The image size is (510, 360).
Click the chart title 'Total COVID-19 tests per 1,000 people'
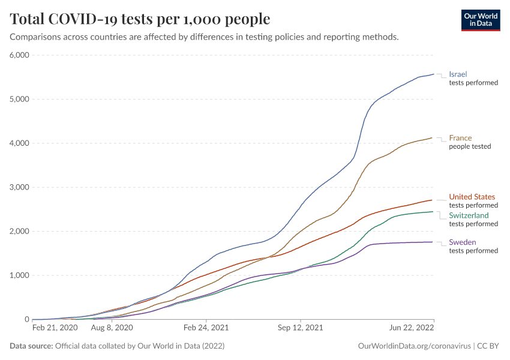[140, 19]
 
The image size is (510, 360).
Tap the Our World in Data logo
[480, 20]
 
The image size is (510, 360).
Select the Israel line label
[458, 74]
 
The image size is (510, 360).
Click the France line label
[460, 138]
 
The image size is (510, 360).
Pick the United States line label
[472, 197]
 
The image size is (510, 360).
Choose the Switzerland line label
[469, 215]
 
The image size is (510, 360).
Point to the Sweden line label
[463, 242]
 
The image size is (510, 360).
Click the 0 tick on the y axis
[26, 319]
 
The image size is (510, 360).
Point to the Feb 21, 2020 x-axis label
[54, 328]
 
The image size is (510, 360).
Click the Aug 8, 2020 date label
[111, 328]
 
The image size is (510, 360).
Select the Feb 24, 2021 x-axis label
[206, 328]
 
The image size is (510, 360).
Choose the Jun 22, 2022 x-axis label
[412, 328]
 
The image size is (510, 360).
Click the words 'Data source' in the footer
[31, 346]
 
